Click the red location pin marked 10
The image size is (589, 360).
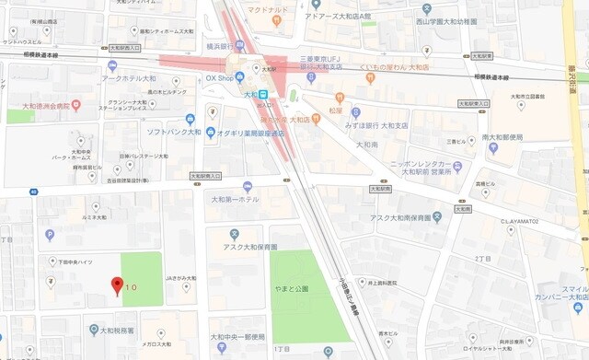[117, 285]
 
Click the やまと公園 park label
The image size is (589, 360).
[296, 289]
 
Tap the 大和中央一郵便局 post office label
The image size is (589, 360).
[237, 336]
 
